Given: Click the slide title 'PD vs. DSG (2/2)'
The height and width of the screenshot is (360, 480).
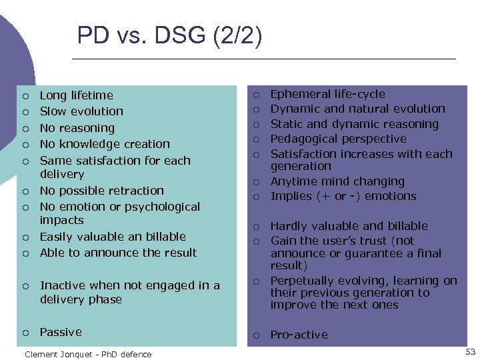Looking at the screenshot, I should [x=169, y=35].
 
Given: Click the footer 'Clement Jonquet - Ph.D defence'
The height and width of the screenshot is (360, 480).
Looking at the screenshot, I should [x=88, y=354].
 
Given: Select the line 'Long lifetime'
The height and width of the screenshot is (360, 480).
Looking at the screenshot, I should [x=76, y=95].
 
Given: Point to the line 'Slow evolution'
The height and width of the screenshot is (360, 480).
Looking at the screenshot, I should [x=81, y=111].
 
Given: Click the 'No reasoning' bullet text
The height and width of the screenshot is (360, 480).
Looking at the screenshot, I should [x=77, y=128].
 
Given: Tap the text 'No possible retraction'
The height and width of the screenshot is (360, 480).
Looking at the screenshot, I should [x=101, y=191].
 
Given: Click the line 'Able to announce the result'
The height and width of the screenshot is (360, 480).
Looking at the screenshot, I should [x=118, y=253].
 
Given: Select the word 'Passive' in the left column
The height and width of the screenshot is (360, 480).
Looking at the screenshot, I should [x=61, y=332].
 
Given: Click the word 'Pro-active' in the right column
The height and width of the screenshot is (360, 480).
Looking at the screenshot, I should [x=299, y=335].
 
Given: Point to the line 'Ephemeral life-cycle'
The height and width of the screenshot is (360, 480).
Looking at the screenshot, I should [x=327, y=94].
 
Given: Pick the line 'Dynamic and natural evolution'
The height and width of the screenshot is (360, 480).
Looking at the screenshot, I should [x=357, y=109].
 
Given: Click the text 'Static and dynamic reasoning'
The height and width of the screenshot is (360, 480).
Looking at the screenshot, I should [x=354, y=124].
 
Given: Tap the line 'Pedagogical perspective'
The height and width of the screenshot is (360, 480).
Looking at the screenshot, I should [x=338, y=139].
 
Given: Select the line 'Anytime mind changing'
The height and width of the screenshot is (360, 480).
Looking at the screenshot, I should [x=337, y=181].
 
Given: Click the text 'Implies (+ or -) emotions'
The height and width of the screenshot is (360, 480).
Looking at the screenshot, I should [x=343, y=196].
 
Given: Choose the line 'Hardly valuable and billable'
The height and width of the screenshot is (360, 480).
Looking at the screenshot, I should [x=349, y=226].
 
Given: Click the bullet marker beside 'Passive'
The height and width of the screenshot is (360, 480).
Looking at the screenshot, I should [x=25, y=333].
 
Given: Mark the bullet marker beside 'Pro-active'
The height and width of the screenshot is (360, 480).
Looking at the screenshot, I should [x=255, y=335].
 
